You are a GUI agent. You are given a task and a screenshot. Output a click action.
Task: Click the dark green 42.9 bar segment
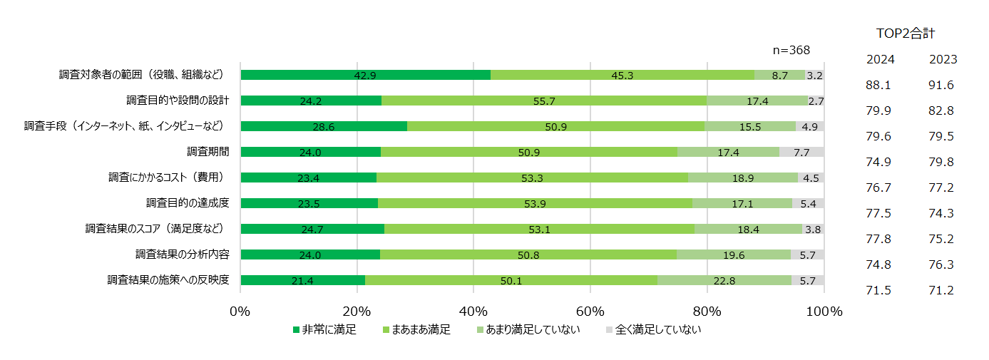point(365,75)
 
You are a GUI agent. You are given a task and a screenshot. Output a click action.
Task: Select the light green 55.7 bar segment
point(543,101)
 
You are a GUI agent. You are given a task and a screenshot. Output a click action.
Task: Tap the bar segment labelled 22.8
point(724,280)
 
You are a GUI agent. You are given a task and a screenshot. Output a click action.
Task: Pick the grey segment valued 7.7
point(801,152)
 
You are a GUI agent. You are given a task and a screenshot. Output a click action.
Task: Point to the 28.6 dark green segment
point(324,126)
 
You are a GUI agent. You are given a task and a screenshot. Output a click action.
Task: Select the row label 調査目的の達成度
point(188,202)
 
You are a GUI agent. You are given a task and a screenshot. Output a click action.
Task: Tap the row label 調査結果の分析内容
point(183,254)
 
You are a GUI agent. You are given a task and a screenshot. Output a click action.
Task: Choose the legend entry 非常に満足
point(324,330)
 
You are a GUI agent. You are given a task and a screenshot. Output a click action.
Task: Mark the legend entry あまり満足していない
point(528,330)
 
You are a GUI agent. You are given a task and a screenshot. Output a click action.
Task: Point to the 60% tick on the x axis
point(590,312)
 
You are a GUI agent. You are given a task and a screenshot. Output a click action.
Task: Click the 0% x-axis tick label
point(240,312)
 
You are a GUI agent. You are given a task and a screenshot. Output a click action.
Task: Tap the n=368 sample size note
point(791,50)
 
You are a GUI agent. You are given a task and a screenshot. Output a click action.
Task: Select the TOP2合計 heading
point(905,33)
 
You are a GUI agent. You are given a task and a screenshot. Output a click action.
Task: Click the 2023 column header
point(943,59)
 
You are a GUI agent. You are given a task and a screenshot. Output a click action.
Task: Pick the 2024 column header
point(880,59)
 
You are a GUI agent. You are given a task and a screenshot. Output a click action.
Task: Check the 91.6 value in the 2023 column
point(942,85)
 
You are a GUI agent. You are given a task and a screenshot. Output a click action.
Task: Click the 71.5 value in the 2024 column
point(879,290)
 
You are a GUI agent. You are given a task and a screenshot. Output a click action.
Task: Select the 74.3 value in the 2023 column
point(942,213)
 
